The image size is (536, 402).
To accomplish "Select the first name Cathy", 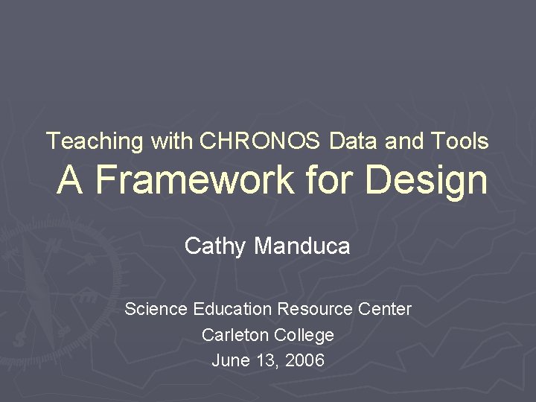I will click(x=215, y=246).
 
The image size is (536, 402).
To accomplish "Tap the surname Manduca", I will click(x=302, y=246).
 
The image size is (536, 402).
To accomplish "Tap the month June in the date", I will click(x=228, y=361).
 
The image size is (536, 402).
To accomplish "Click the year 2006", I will click(x=305, y=361).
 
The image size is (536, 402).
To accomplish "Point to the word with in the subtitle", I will click(x=171, y=141).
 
